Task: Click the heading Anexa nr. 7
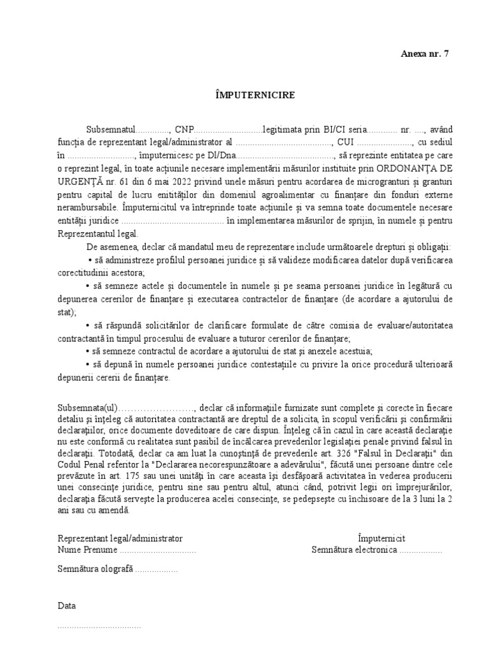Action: (x=424, y=54)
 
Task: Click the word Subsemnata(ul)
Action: (x=87, y=391)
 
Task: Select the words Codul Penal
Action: (x=80, y=453)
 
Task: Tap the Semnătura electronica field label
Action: (x=354, y=550)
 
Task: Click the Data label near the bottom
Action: (x=67, y=605)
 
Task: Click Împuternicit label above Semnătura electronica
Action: (x=381, y=538)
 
